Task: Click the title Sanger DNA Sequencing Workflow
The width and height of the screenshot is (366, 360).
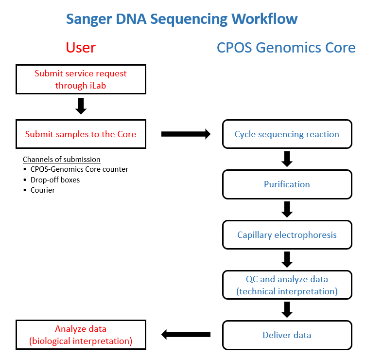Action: pos(182,19)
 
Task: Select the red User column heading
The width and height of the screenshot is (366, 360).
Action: pos(81,47)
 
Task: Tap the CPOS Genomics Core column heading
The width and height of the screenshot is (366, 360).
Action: pos(286,48)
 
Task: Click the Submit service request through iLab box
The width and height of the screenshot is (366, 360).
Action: pos(81,80)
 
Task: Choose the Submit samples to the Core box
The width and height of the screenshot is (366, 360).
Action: pos(81,134)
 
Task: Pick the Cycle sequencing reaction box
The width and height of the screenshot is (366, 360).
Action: pos(287,134)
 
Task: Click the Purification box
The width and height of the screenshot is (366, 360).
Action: pos(287,184)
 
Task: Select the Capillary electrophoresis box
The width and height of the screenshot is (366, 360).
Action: pos(287,235)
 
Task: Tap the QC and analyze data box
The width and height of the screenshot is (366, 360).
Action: pos(287,285)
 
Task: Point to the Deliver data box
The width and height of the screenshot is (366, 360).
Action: pos(287,335)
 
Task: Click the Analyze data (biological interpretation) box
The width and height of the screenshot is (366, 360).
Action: pos(81,335)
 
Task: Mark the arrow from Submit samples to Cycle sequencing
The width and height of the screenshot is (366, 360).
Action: pos(186,134)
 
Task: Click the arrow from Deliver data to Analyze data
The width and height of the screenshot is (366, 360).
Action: pos(186,334)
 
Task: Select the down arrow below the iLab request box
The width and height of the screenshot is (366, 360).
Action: pos(81,106)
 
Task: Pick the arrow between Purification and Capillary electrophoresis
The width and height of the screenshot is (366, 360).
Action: pos(287,209)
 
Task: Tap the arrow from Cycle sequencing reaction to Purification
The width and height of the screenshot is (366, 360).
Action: pos(287,159)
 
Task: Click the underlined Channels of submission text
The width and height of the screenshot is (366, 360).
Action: pos(62,160)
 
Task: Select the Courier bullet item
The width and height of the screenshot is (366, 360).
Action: pos(43,190)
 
